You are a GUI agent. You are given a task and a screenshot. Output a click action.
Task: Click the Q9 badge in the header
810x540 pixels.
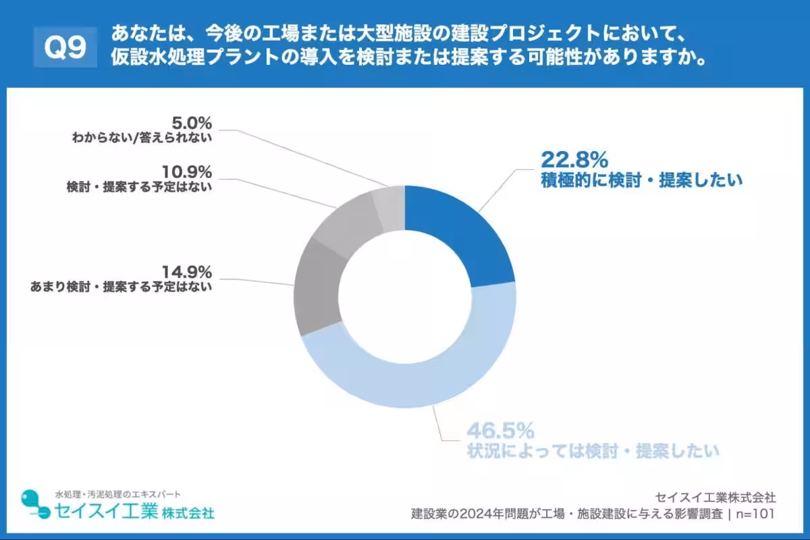(65, 48)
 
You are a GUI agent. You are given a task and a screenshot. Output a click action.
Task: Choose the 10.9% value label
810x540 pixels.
(187, 172)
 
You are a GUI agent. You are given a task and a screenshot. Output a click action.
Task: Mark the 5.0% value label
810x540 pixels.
(192, 123)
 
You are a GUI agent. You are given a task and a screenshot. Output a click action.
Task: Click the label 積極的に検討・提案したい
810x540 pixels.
(641, 180)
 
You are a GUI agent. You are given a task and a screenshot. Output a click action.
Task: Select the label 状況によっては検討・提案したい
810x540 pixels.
(594, 450)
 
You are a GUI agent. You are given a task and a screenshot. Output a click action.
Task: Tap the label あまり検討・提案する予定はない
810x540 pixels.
(122, 287)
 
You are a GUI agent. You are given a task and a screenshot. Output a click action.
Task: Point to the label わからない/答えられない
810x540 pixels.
(142, 138)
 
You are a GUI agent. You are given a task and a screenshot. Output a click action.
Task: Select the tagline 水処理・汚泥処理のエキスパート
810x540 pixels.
(117, 494)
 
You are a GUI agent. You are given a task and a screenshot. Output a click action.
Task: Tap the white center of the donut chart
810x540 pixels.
(405, 297)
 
